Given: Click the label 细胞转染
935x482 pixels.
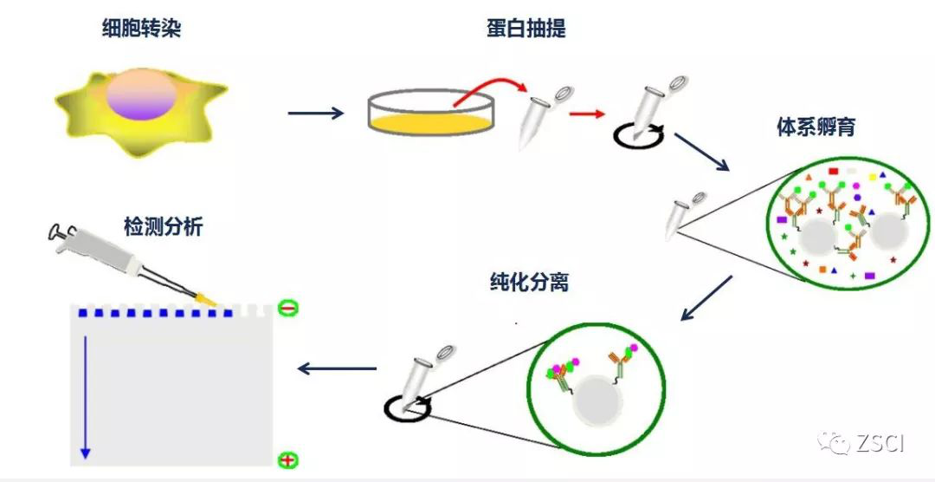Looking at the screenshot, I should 141,30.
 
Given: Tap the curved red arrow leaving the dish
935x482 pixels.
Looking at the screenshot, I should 490,87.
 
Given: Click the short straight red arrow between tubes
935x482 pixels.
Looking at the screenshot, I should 585,114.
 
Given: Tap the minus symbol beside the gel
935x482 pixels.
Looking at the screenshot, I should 288,307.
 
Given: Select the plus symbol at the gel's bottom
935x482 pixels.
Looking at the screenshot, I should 288,460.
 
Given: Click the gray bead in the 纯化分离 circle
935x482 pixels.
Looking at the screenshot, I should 603,403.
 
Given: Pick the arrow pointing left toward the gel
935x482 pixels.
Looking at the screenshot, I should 337,368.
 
